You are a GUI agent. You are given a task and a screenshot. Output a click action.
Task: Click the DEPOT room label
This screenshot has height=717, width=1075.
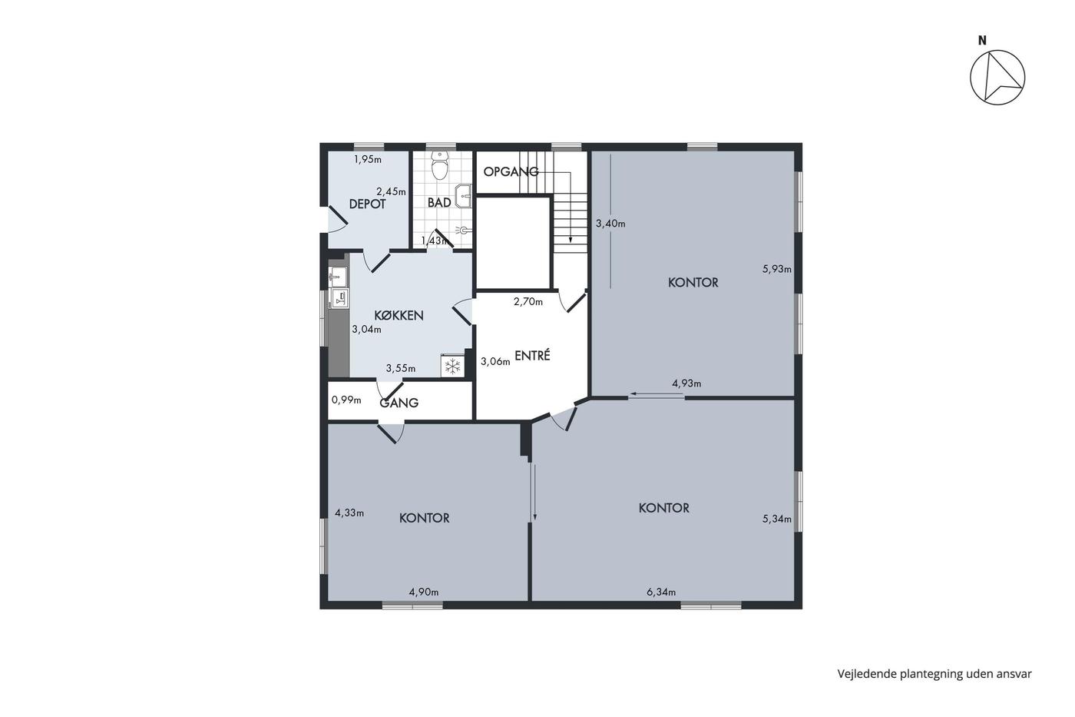pyautogui.click(x=367, y=204)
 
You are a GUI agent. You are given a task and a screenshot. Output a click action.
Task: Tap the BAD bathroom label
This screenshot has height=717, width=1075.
pyautogui.click(x=439, y=203)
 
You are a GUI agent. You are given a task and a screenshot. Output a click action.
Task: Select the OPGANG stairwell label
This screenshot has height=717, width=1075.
pyautogui.click(x=511, y=171)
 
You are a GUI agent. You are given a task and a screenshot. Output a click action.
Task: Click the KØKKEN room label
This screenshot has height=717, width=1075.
pyautogui.click(x=399, y=316)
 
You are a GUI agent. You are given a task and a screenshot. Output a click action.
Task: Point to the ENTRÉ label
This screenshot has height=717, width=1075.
pyautogui.click(x=532, y=355)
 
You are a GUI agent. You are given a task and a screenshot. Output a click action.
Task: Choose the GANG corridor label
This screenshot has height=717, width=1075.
pyautogui.click(x=399, y=403)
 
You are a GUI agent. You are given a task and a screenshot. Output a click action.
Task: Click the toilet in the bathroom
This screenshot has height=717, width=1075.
pyautogui.click(x=439, y=165)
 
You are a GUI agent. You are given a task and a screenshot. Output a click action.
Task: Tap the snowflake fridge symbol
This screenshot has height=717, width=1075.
pyautogui.click(x=452, y=367)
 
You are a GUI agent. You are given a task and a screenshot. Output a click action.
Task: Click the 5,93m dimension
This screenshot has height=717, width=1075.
pyautogui.click(x=777, y=270)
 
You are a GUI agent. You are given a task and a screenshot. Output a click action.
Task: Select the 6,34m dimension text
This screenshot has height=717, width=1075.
pyautogui.click(x=661, y=593)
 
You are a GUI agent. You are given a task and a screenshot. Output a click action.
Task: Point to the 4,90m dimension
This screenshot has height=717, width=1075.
pyautogui.click(x=424, y=593)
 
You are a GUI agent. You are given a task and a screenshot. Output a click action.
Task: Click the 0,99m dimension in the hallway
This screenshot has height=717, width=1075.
pyautogui.click(x=346, y=400)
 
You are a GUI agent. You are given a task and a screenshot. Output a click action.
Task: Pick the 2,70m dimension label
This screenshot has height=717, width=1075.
pyautogui.click(x=528, y=301)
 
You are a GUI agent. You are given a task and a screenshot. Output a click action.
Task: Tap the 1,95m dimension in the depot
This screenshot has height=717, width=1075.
pyautogui.click(x=368, y=159)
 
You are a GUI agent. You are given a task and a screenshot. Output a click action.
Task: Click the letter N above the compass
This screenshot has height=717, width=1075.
pyautogui.click(x=982, y=41)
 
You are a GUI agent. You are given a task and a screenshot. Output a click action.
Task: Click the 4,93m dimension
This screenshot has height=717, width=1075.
pyautogui.click(x=686, y=383)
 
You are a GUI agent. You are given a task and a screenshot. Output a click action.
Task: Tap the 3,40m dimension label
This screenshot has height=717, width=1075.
pyautogui.click(x=610, y=224)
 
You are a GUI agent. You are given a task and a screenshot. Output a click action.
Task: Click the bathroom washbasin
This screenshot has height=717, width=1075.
pyautogui.click(x=463, y=196)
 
